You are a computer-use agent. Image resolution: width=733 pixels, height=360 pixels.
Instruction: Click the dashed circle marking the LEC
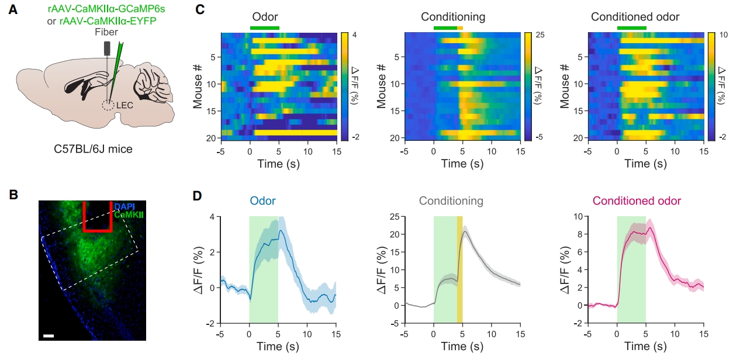[x=108, y=106]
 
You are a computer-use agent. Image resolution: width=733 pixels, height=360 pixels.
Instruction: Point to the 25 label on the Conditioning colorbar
[x=541, y=36]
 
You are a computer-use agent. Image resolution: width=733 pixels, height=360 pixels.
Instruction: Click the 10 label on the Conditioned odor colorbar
[x=722, y=36]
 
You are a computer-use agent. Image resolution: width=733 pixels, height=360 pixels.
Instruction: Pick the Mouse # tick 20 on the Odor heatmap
[x=212, y=138]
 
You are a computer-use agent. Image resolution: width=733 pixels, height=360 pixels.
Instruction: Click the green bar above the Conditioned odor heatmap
[x=631, y=28]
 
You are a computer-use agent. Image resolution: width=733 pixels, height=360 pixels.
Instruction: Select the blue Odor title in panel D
[x=263, y=201]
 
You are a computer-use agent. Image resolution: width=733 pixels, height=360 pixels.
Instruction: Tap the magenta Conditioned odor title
[x=637, y=201]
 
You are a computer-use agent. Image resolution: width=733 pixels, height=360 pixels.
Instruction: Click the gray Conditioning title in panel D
[x=451, y=201]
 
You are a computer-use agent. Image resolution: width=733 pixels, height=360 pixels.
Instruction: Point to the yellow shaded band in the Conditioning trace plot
[x=459, y=269]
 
